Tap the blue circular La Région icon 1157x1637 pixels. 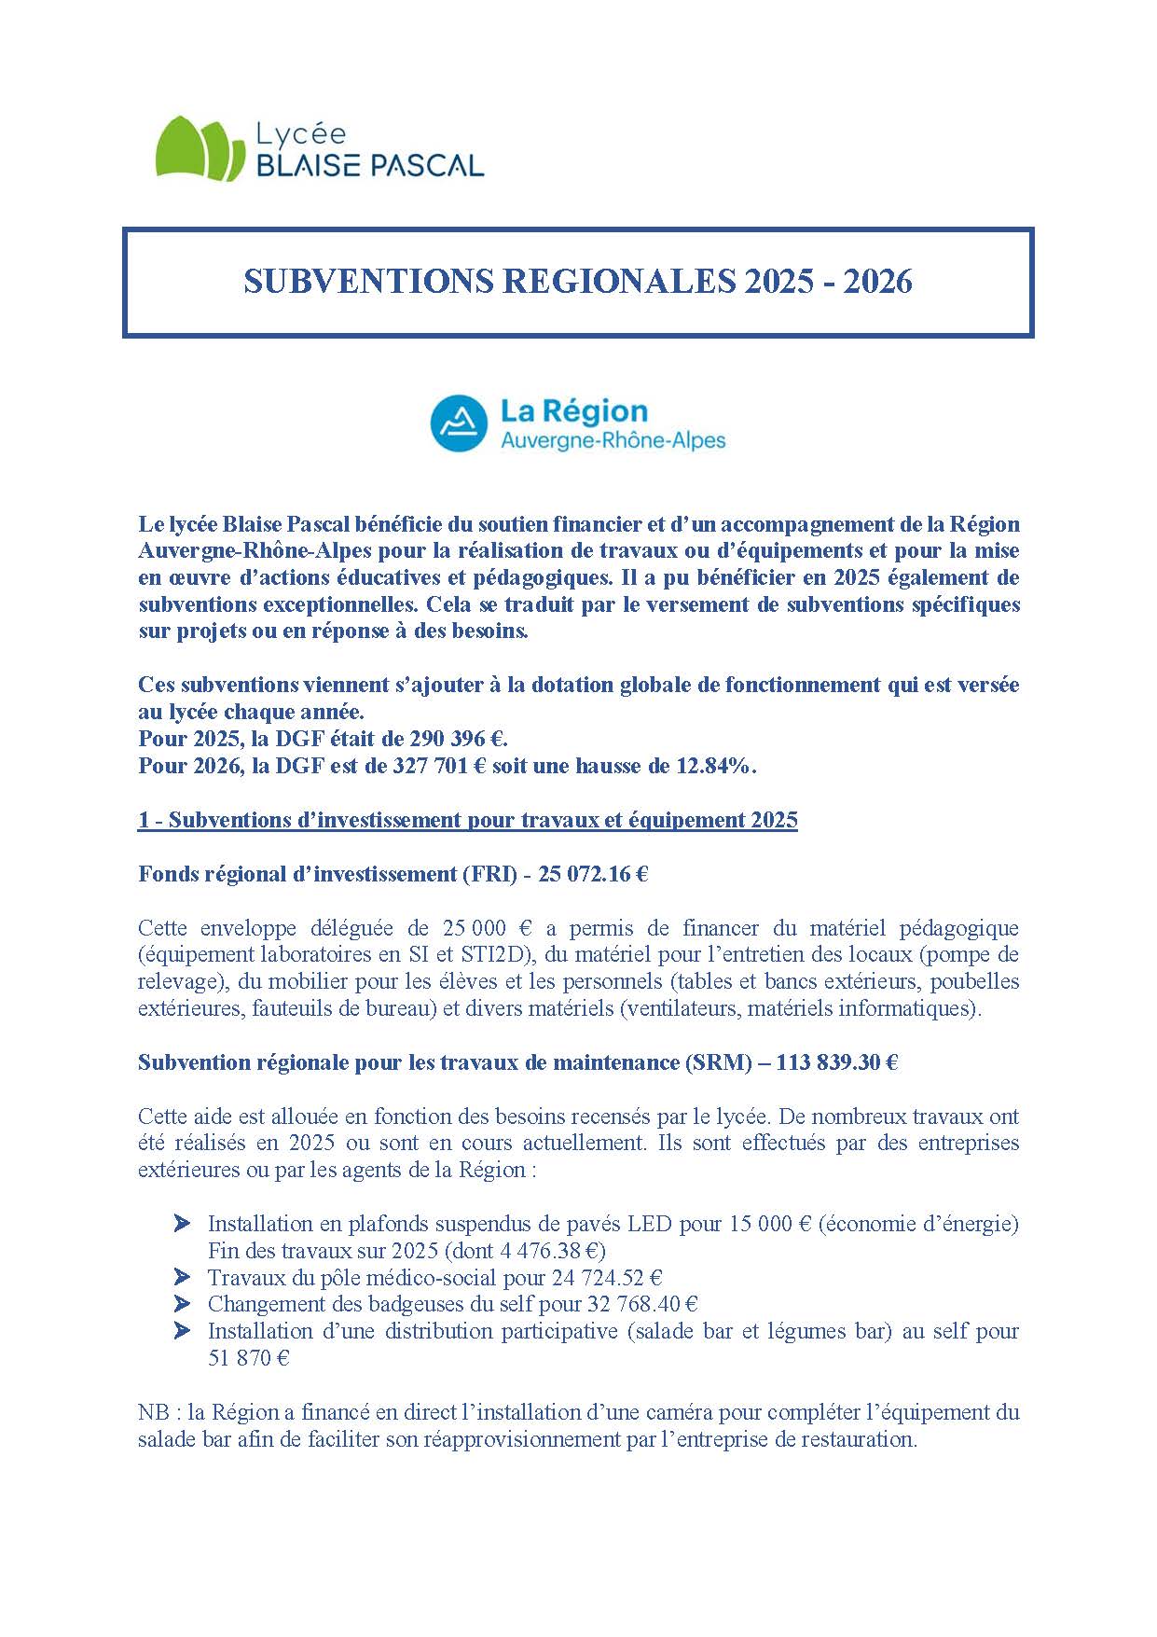(x=459, y=423)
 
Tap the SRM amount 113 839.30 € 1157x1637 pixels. (x=835, y=1062)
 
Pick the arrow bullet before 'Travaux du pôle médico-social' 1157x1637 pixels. (x=183, y=1277)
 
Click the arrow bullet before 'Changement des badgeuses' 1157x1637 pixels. (x=183, y=1304)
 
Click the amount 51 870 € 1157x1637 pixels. (x=248, y=1358)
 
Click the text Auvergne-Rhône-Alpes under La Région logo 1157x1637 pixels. (x=613, y=440)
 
